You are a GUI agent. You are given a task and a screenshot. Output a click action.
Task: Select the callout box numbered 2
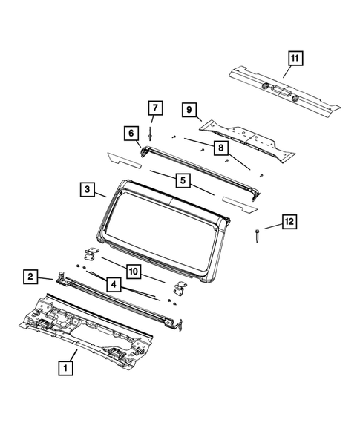coord(30,277)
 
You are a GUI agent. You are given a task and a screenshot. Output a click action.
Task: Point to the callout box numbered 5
coord(182,180)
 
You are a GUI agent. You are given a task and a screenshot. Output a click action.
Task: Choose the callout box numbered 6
coord(131,133)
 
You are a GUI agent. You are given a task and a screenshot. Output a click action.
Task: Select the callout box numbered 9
coord(190,111)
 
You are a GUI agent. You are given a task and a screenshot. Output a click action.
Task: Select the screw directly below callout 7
coord(152,135)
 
